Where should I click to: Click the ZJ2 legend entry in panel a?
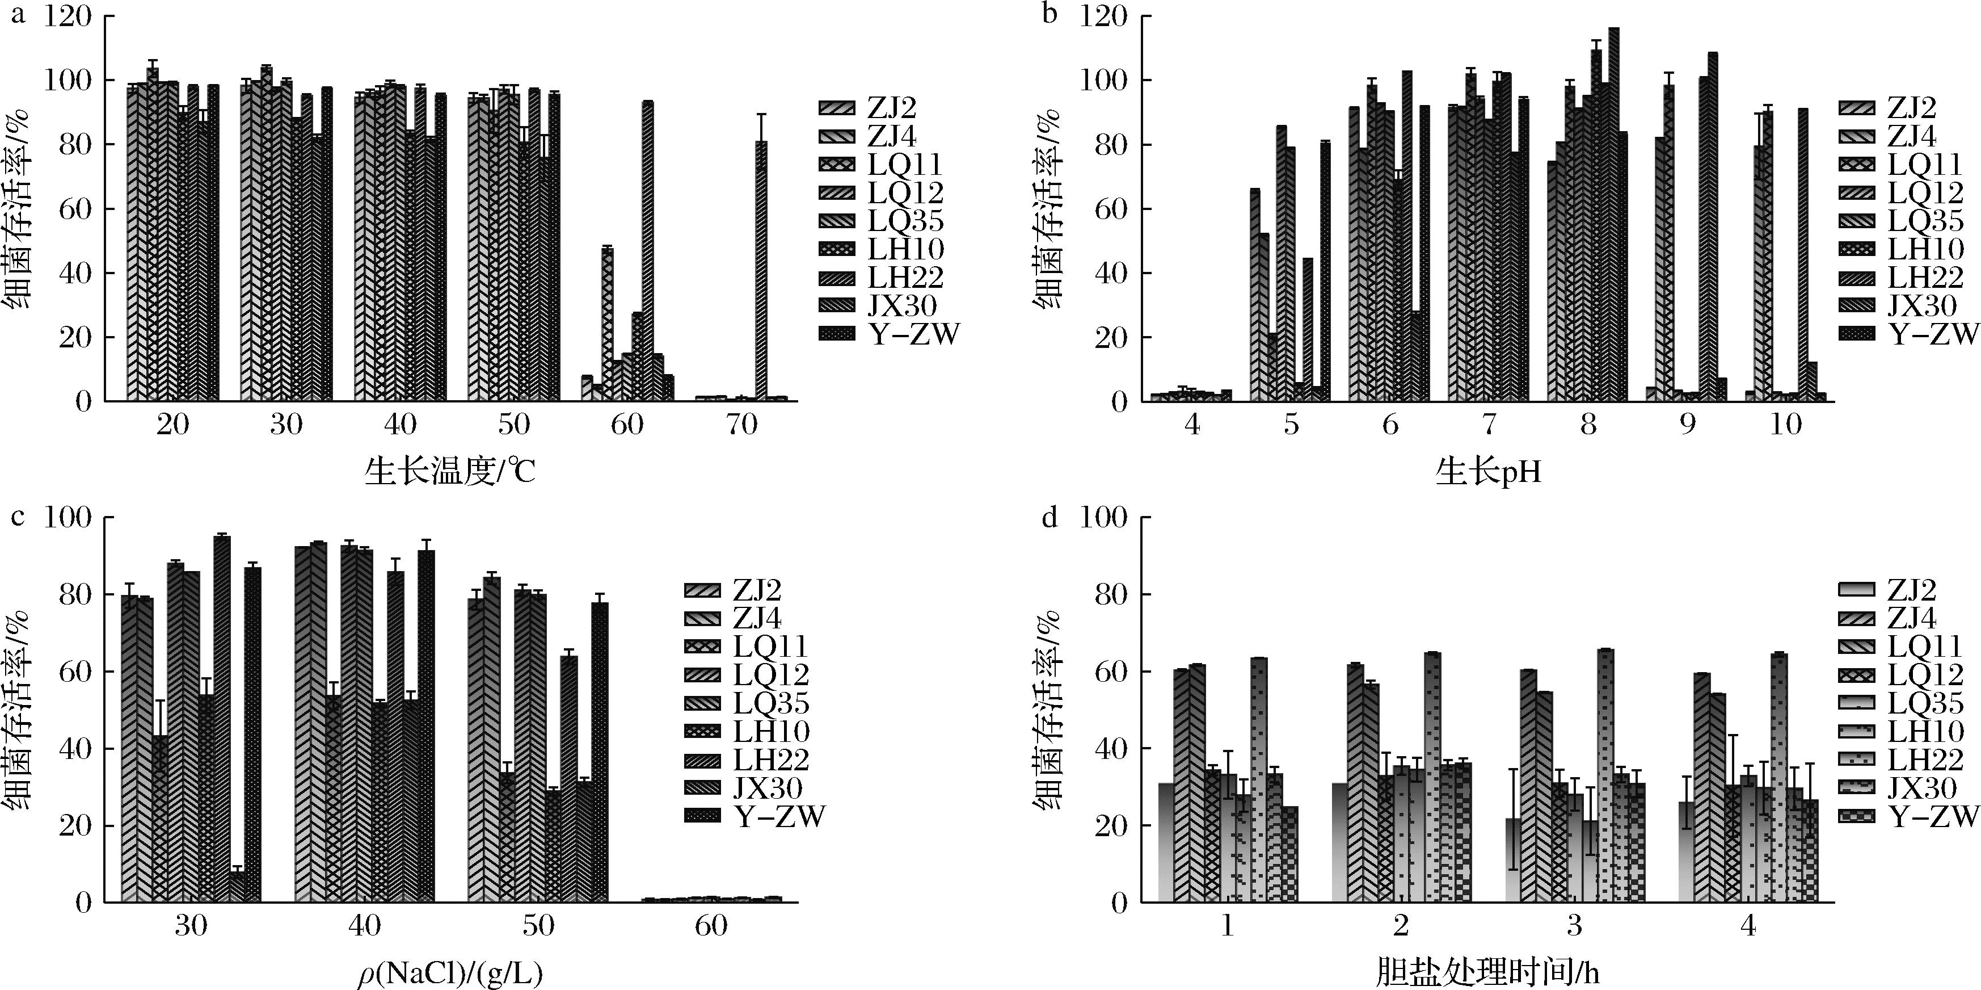889,108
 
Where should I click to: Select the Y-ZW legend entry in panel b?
1931,334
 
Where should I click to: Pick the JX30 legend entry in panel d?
1922,788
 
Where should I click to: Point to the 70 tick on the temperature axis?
741,424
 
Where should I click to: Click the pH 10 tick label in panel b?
1786,424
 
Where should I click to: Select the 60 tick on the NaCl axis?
711,925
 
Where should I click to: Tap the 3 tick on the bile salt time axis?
1574,925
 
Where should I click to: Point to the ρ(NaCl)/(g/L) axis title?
450,975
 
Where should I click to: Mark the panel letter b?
1049,14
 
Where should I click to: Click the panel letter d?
1049,517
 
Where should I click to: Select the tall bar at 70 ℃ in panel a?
761,269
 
